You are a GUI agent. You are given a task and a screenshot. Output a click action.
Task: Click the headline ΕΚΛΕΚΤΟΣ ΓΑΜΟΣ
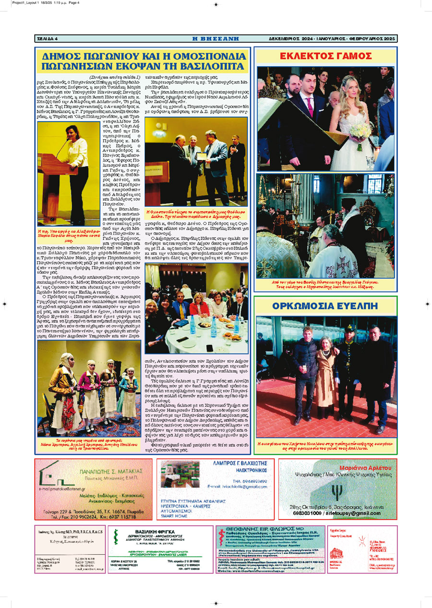[326, 56]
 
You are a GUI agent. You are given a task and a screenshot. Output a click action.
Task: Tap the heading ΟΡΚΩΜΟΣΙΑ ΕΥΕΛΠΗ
[326, 306]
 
